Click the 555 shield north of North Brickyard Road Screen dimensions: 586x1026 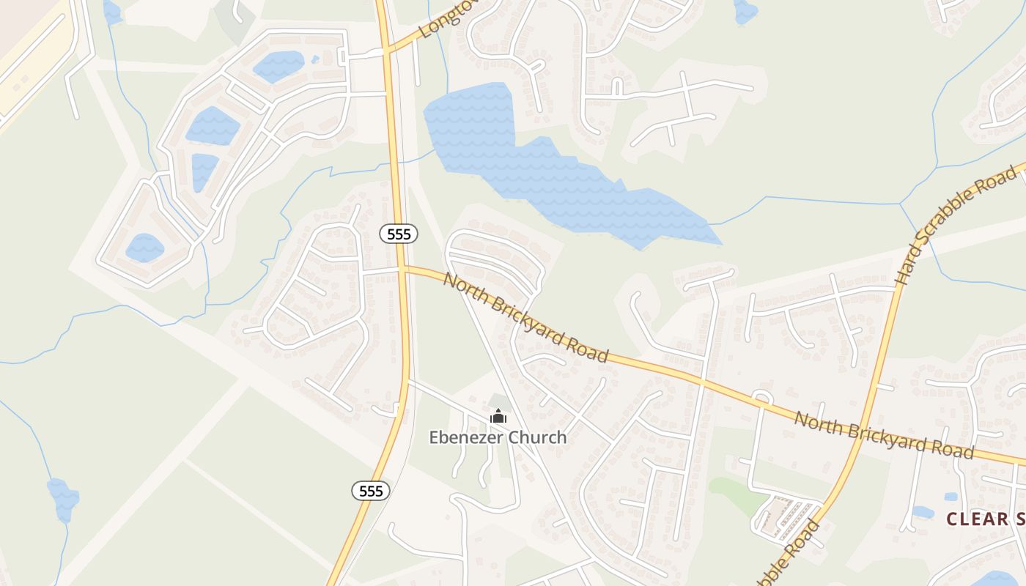(399, 234)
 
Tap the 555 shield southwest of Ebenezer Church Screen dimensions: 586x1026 (372, 491)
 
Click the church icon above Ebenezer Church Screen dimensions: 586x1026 (498, 417)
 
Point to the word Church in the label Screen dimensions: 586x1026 (538, 437)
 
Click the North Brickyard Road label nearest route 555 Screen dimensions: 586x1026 (525, 318)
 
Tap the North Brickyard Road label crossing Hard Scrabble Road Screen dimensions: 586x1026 (884, 436)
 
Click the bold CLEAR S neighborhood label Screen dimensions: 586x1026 (986, 519)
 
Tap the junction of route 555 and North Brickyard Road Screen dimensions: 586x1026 (402, 268)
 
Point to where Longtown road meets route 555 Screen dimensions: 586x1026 (386, 52)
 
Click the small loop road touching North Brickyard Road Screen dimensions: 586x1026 (762, 398)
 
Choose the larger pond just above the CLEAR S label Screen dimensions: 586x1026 (921, 512)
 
